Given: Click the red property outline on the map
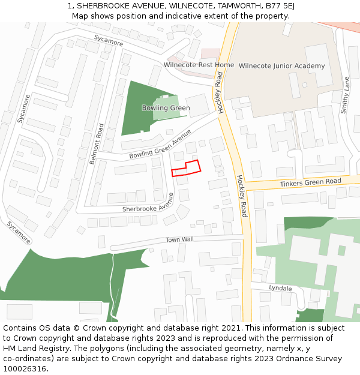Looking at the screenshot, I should pyautogui.click(x=186, y=168).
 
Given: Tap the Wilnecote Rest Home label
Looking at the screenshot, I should pyautogui.click(x=199, y=65).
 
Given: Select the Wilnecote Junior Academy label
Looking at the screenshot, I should pyautogui.click(x=281, y=66).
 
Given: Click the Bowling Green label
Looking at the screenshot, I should pyautogui.click(x=166, y=108).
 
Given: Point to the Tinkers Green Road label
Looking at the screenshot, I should pyautogui.click(x=310, y=182).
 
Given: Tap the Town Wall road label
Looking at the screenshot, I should pyautogui.click(x=179, y=239).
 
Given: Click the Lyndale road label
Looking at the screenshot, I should pyautogui.click(x=280, y=289).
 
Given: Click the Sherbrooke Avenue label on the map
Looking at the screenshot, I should pyautogui.click(x=148, y=203).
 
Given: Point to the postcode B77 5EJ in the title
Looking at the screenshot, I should pyautogui.click(x=281, y=6).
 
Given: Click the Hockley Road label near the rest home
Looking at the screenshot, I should pyautogui.click(x=220, y=92).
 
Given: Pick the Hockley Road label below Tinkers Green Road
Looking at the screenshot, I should pyautogui.click(x=241, y=196).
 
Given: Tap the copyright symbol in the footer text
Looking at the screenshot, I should pyautogui.click(x=75, y=328).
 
